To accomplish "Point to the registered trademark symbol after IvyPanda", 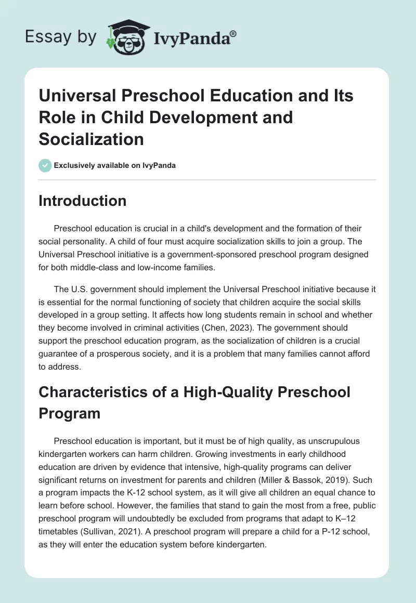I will point(233,33).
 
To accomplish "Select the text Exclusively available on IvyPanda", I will point(115,165).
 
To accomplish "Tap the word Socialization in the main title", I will point(91,139).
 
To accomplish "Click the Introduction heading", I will point(82,201).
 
